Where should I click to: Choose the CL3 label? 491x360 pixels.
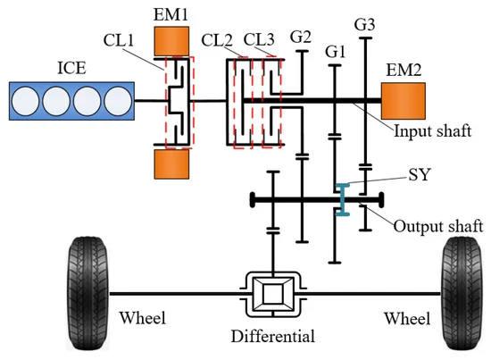coord(261,40)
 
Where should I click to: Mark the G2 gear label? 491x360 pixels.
coord(302,37)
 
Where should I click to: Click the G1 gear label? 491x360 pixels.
coord(336,52)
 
